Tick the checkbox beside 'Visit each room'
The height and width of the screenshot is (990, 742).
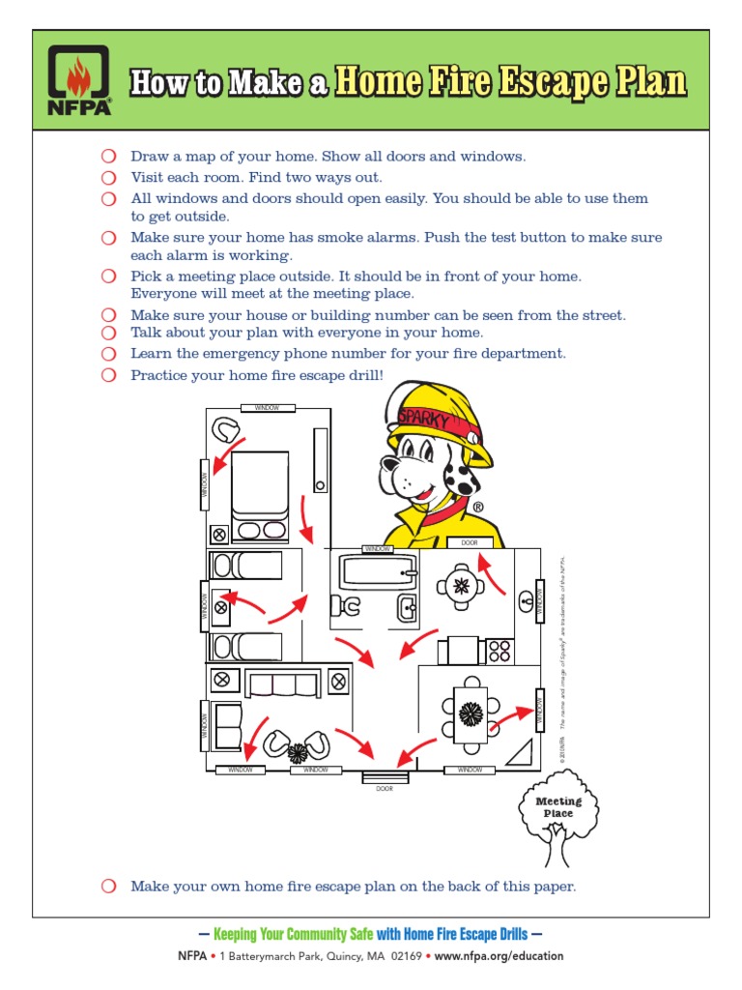coord(108,177)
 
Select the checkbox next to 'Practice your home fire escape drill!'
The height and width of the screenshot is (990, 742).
coord(108,375)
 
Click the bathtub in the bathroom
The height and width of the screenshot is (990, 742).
coord(378,572)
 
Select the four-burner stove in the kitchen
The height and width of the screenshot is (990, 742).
coord(499,651)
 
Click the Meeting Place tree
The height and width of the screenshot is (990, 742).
coord(558,817)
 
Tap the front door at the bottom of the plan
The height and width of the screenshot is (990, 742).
coord(385,776)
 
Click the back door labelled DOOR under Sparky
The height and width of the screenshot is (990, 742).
coord(469,543)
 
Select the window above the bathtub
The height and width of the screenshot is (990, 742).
coord(378,549)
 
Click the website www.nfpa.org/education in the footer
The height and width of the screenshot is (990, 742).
coord(499,956)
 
